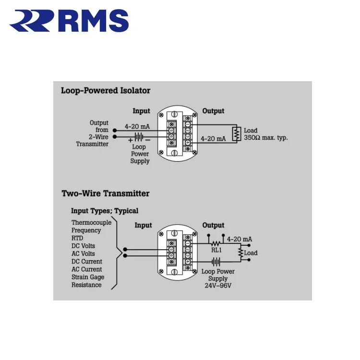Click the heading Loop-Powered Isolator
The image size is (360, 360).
106,90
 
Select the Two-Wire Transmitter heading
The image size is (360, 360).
106,193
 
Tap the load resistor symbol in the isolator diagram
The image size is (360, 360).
236,134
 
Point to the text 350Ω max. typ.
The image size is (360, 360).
266,138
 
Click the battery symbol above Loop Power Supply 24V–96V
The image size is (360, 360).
217,262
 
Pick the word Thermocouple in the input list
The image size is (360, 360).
91,222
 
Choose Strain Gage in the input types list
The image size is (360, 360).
88,277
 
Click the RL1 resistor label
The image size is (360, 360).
217,250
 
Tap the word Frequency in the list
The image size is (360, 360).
86,230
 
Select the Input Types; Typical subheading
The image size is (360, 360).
105,211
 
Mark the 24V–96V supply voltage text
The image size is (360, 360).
218,286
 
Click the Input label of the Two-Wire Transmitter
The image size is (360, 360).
143,225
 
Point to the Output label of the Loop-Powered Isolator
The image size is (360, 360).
213,111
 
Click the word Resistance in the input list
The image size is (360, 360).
86,285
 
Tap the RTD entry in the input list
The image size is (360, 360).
77,238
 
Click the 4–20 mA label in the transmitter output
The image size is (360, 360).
240,239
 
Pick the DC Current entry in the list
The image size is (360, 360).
86,262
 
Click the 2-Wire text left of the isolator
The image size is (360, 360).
99,137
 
